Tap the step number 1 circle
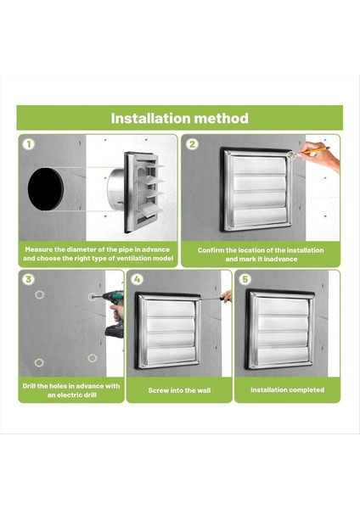tap(29, 144)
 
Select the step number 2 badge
tap(193, 144)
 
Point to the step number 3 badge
tap(29, 279)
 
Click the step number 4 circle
tap(137, 279)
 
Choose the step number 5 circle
tap(245, 279)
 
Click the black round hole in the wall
tap(45, 188)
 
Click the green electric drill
tap(114, 314)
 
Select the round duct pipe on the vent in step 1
tap(115, 188)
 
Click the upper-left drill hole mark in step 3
tap(39, 294)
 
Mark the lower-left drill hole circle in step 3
tap(39, 362)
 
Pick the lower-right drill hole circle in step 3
tap(93, 358)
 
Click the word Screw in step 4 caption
tap(158, 390)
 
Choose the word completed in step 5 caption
tap(307, 390)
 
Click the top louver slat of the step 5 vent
tap(283, 306)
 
